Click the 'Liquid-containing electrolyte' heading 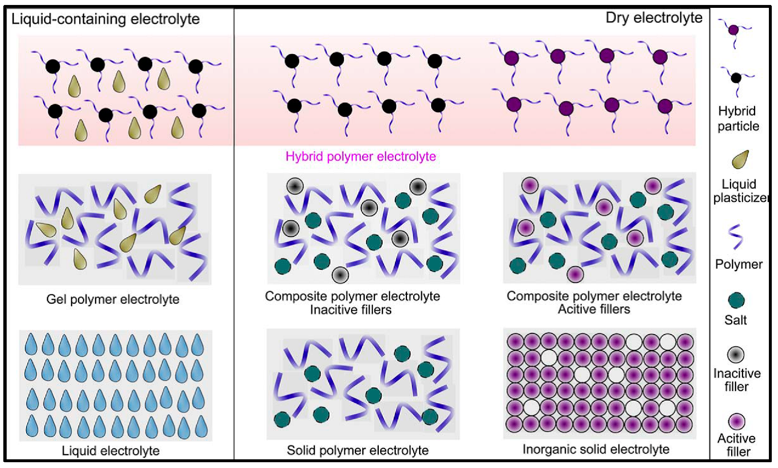[105, 19]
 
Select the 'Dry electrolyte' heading [654, 18]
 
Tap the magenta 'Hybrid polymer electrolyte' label [361, 157]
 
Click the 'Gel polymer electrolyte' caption [113, 299]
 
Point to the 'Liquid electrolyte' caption [111, 451]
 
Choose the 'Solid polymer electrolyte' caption [358, 450]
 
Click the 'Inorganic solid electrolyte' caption [596, 449]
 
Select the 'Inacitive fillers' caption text [351, 310]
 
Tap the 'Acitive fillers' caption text [594, 309]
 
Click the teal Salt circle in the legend [736, 300]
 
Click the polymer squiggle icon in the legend [736, 236]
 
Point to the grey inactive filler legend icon [736, 355]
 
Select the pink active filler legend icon [737, 422]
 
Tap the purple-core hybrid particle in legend [734, 30]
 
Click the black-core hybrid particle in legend [736, 77]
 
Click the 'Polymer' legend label [739, 264]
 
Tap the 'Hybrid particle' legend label [738, 118]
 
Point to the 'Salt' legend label [735, 320]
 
